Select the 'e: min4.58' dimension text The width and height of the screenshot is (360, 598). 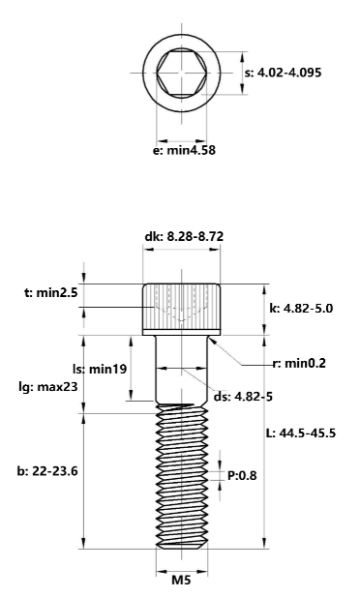pyautogui.click(x=184, y=150)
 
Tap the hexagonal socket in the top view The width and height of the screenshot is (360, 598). pyautogui.click(x=182, y=73)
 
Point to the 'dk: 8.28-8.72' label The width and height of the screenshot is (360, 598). pyautogui.click(x=183, y=235)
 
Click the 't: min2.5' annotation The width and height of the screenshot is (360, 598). pyautogui.click(x=44, y=291)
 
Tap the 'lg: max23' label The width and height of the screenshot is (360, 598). pyautogui.click(x=48, y=386)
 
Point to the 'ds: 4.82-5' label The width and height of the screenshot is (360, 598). pyautogui.click(x=244, y=397)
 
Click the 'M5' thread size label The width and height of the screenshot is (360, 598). pyautogui.click(x=182, y=581)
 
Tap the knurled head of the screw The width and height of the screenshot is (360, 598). pyautogui.click(x=182, y=308)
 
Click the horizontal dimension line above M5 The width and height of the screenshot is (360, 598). pyautogui.click(x=182, y=565)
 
